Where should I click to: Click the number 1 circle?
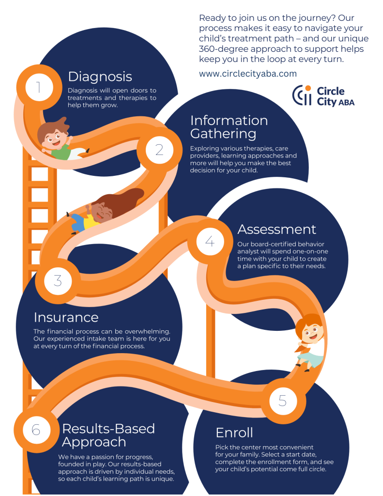[38, 87]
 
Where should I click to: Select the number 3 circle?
[58, 280]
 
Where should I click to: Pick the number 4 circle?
[210, 241]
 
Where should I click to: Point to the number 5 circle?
[283, 400]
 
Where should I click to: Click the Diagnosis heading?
[100, 77]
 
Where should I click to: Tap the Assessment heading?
[276, 229]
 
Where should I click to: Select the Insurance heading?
[66, 317]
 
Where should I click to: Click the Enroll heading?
[234, 433]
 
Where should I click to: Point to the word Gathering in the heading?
[222, 133]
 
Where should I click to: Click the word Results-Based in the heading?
[108, 429]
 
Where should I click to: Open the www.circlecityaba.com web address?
[247, 74]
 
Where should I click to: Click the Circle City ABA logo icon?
[302, 95]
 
